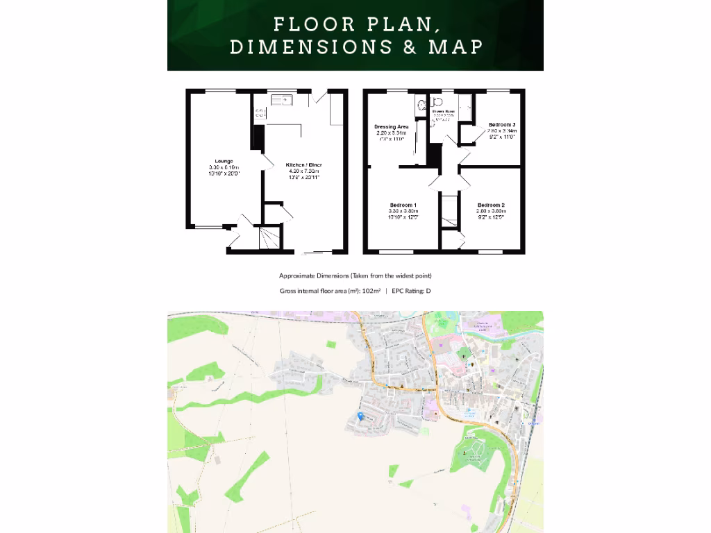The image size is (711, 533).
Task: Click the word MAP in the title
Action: pos(455,46)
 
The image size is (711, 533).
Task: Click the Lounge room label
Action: pos(224,161)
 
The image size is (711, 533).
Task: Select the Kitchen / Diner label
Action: pos(304,164)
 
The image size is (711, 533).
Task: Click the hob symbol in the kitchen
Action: pos(260,113)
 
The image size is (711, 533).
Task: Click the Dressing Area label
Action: pos(391,127)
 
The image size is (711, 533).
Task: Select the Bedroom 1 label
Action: pos(403,205)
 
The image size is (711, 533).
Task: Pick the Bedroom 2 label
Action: pos(490,205)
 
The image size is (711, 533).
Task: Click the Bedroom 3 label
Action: pos(501,124)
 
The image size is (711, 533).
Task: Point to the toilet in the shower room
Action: pos(437,101)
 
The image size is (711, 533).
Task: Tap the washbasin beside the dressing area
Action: pos(421,105)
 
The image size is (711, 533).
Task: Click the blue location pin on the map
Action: pos(360,416)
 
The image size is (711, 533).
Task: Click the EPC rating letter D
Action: pos(428,291)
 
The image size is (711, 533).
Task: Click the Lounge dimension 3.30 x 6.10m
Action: pos(224,168)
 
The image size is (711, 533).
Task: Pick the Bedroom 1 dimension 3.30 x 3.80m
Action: pos(403,212)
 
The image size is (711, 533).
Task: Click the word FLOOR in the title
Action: pos(306,24)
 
